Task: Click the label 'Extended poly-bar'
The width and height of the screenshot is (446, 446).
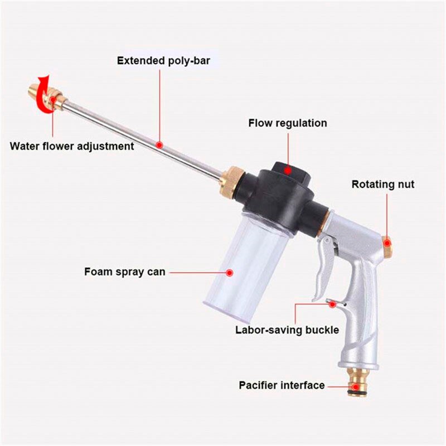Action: click(163, 61)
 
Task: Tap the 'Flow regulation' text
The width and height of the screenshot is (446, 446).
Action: click(288, 123)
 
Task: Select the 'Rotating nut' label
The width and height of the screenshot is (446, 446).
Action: click(383, 184)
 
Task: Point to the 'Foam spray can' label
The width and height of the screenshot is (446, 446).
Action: click(125, 272)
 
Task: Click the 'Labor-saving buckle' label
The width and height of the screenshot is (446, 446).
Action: click(287, 329)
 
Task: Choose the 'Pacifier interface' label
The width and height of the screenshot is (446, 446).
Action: click(282, 385)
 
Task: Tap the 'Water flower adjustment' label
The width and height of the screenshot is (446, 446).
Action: click(72, 146)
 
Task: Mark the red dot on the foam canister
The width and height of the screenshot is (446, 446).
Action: click(229, 273)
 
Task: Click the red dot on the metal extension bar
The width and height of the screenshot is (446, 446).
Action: click(159, 144)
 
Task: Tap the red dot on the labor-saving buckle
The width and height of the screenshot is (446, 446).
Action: click(333, 304)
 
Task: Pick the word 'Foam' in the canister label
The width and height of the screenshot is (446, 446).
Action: click(98, 272)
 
